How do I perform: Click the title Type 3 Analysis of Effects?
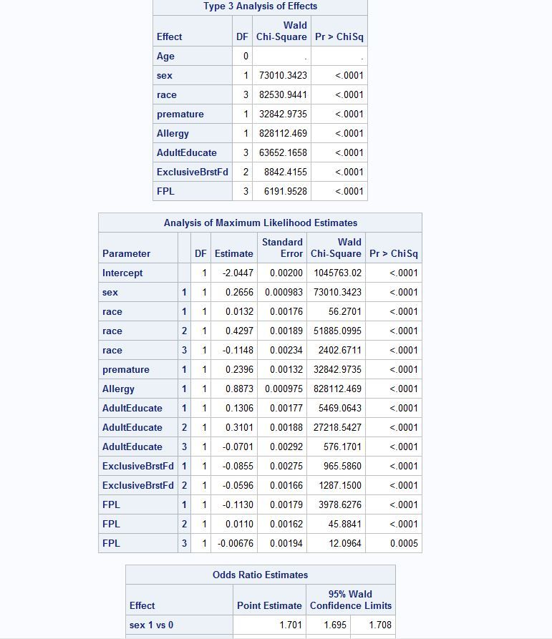click(x=260, y=6)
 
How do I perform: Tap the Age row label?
click(x=165, y=57)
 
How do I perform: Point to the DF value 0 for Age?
click(x=245, y=57)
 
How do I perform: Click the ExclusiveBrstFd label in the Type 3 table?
click(x=192, y=172)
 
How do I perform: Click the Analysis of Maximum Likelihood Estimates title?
click(x=260, y=223)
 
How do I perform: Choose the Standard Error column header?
click(x=282, y=248)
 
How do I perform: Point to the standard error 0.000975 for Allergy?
click(x=284, y=389)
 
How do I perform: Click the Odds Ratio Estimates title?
click(x=260, y=575)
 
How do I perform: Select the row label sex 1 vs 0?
click(x=151, y=625)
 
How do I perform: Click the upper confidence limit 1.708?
click(x=380, y=625)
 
